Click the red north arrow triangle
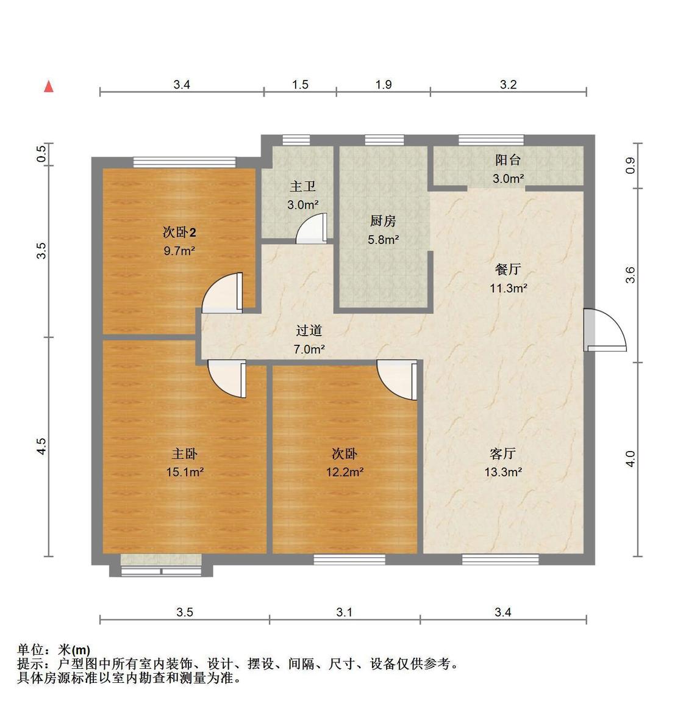(x=49, y=87)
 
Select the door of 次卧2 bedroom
(x=223, y=293)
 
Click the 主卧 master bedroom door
(x=227, y=378)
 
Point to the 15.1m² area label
(x=185, y=472)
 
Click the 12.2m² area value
(x=345, y=472)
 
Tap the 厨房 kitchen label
(x=383, y=221)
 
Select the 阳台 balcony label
(x=508, y=161)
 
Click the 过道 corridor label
(x=309, y=331)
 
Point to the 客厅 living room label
(x=503, y=453)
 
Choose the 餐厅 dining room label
(x=508, y=270)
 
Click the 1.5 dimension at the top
(x=300, y=85)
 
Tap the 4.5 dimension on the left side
(x=41, y=446)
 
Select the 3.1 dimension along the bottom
(x=345, y=612)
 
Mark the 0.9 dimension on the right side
(x=631, y=165)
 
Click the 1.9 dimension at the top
(x=383, y=85)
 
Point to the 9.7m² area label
(x=179, y=250)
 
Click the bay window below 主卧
(x=162, y=566)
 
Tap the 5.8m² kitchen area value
(x=383, y=239)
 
